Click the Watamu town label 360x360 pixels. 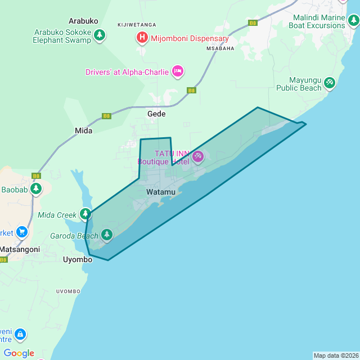tap(160, 192)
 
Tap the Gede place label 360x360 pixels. tap(156, 114)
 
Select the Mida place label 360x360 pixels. tap(83, 130)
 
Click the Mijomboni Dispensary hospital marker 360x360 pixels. tap(143, 38)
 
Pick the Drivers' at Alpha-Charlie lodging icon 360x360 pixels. tap(178, 71)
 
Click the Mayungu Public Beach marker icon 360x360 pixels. tap(330, 83)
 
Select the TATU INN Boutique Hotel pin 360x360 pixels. tap(197, 157)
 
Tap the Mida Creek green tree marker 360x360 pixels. tap(85, 214)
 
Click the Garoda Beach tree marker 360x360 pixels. tap(106, 234)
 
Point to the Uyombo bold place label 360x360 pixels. tap(78, 260)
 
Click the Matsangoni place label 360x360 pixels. tap(20, 249)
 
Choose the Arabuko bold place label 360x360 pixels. tap(83, 21)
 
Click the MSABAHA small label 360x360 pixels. tap(219, 48)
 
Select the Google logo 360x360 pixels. tap(19, 353)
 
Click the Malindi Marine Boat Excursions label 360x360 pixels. tap(316, 21)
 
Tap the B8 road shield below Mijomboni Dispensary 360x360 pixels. tap(192, 90)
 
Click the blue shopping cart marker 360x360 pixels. tap(22, 232)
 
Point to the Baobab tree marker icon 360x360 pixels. tap(36, 188)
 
